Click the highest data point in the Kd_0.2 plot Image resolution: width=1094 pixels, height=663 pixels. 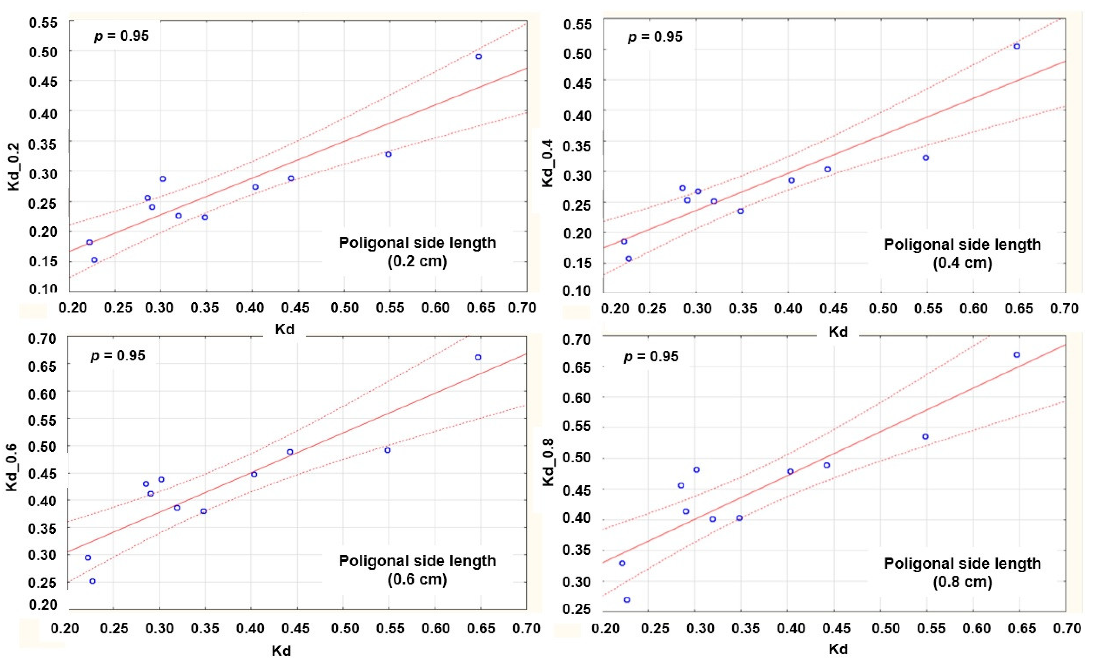(x=478, y=56)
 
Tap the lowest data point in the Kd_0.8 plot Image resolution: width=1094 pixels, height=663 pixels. (x=627, y=599)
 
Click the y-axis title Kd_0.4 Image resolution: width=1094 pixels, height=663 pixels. (x=548, y=163)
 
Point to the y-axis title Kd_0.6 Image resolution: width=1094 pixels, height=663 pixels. (x=12, y=468)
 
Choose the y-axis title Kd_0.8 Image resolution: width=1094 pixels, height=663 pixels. (x=549, y=462)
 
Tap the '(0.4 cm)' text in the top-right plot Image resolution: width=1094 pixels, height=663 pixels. (x=962, y=263)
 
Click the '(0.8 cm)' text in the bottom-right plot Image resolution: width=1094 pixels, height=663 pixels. (x=962, y=582)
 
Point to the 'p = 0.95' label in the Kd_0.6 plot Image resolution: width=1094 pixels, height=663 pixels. (x=118, y=355)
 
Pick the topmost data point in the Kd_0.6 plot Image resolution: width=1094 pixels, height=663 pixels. (x=478, y=357)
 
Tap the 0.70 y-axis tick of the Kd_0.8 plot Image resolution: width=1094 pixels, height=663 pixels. (x=577, y=340)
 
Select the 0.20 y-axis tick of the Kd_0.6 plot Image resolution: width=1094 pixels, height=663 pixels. (x=43, y=605)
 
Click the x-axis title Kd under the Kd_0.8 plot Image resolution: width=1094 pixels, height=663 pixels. (x=838, y=649)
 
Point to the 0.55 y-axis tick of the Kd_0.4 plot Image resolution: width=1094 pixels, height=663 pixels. (x=577, y=24)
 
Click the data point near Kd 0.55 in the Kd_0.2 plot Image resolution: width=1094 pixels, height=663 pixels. (x=388, y=154)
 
